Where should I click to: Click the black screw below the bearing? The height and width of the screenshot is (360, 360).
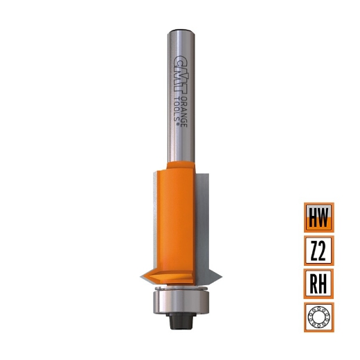coord(180,320)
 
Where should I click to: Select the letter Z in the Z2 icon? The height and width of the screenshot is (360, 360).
coord(313,250)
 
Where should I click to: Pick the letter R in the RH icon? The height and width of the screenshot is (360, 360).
coord(313,283)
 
